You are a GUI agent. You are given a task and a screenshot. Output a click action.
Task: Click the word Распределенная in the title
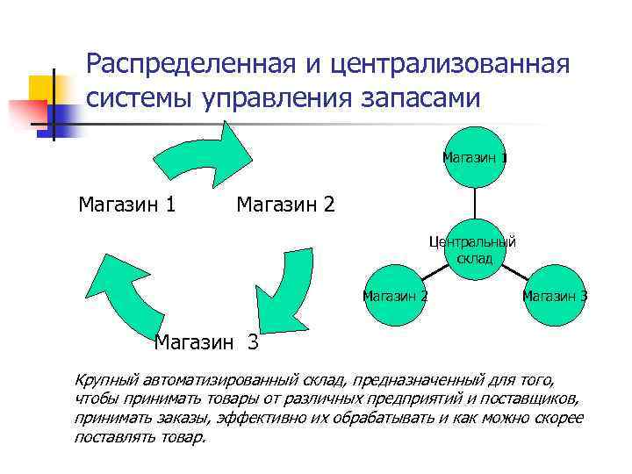click(178, 64)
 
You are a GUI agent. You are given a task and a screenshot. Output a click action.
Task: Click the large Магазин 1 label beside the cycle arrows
click(126, 205)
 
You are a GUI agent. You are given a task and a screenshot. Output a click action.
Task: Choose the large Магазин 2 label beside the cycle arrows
click(285, 205)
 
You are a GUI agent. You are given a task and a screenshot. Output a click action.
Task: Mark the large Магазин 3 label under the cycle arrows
click(206, 342)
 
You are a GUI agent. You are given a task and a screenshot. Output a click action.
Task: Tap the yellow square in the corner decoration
click(41, 88)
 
